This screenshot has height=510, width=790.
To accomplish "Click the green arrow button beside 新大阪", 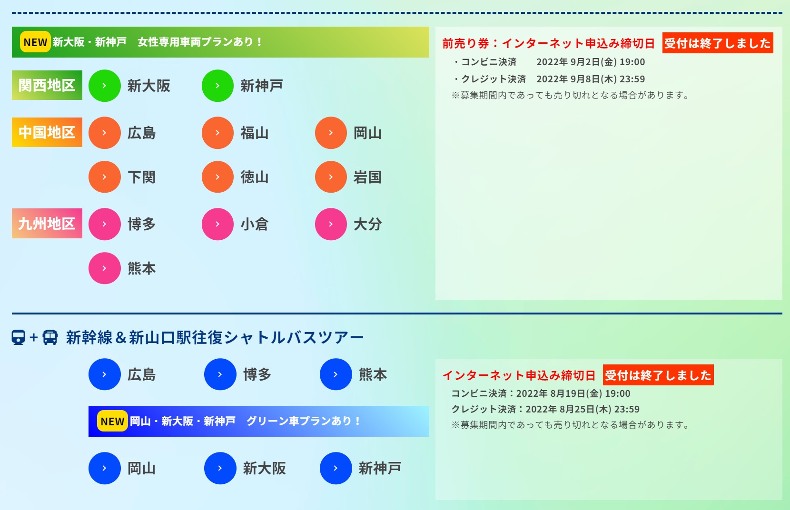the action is [104, 86].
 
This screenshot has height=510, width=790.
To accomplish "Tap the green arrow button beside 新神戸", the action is [217, 86].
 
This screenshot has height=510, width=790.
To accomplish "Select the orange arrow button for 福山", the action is [217, 133].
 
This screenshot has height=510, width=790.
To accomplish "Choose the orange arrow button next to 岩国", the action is [331, 177].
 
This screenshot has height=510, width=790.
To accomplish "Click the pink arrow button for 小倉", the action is [217, 224].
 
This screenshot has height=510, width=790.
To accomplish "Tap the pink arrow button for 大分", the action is [331, 224].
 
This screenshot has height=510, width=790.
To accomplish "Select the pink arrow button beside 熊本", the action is [104, 268].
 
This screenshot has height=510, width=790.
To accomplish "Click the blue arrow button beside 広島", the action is [104, 374].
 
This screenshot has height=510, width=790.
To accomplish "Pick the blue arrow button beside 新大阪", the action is [220, 468].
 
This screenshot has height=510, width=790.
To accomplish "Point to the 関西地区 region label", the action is [47, 85].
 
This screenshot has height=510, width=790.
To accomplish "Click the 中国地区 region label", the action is [47, 132].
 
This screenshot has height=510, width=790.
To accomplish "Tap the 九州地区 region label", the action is [47, 224].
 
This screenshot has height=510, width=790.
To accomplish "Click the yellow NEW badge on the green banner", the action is [35, 42].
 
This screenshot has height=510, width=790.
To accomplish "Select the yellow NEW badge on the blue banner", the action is [112, 421].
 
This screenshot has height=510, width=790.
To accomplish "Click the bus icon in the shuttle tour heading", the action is [50, 337].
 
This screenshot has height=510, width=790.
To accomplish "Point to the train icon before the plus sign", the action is [19, 337].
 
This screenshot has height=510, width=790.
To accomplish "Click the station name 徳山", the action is [255, 177].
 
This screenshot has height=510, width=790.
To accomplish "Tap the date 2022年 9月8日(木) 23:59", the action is [591, 79].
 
